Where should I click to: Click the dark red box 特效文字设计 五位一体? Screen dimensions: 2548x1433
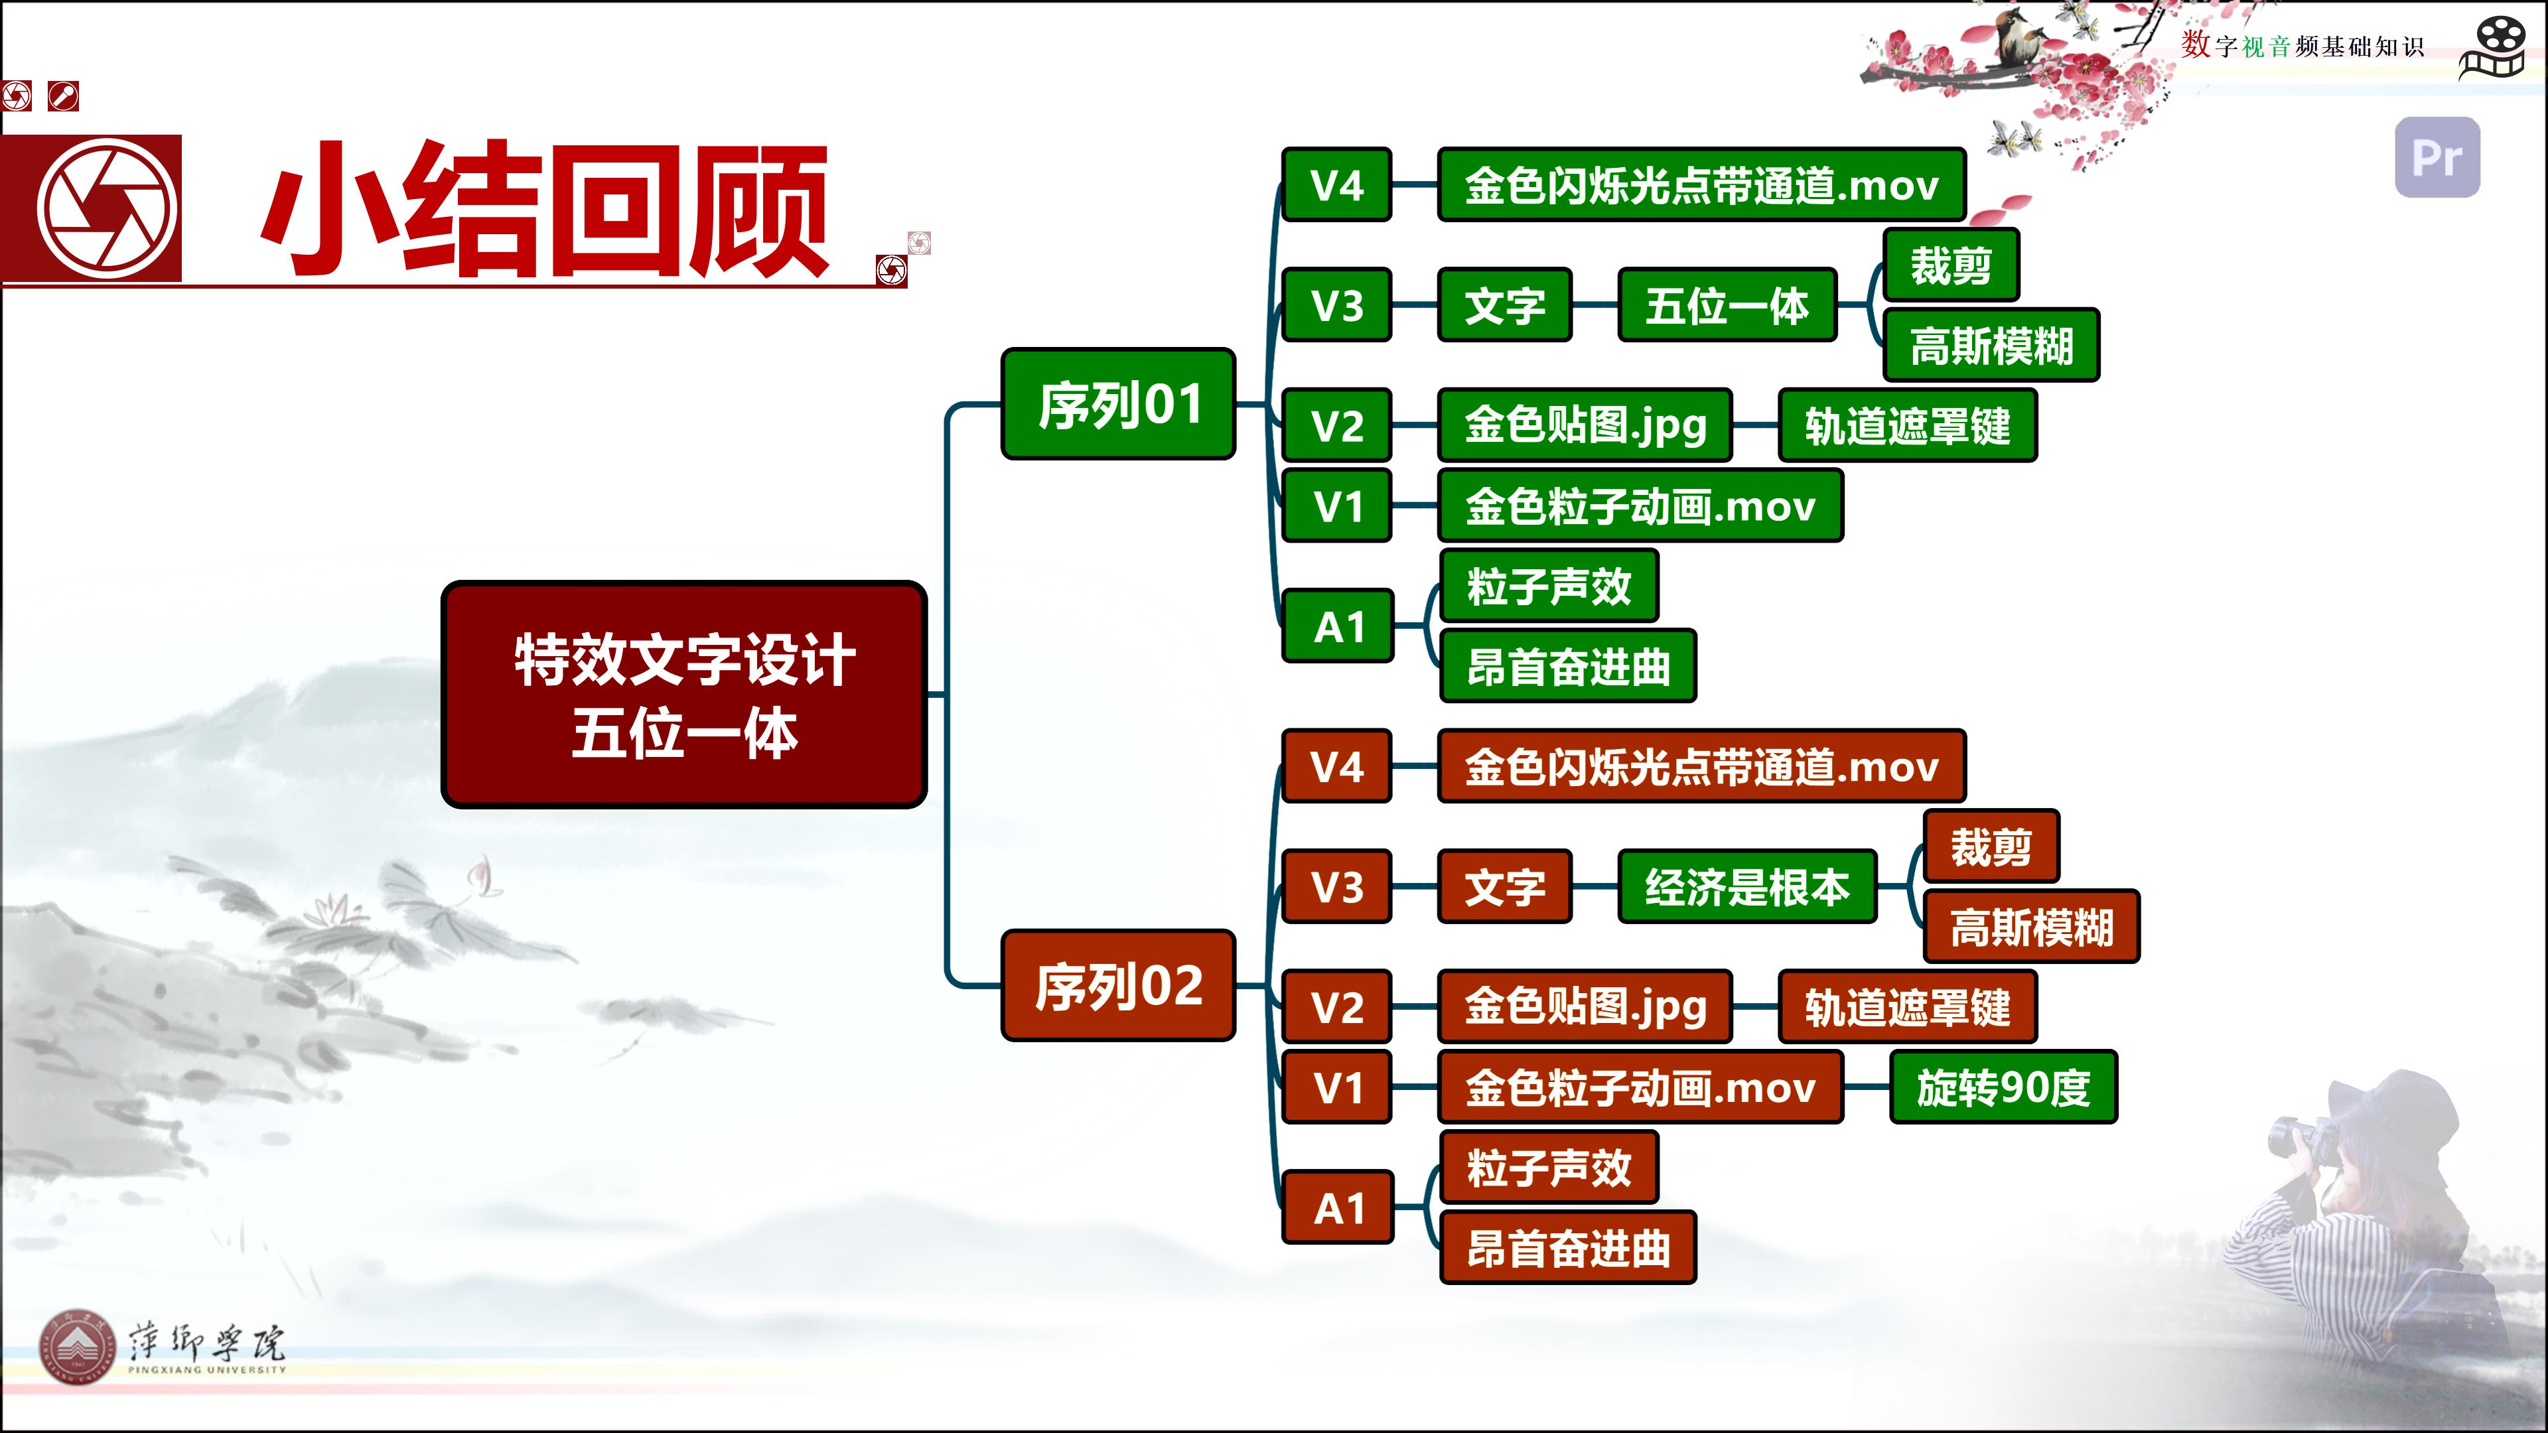(x=683, y=694)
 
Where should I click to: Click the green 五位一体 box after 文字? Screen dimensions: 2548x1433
(x=1727, y=305)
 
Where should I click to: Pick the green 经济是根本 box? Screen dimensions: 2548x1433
(x=1747, y=886)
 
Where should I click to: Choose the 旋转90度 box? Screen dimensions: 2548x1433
(x=2003, y=1087)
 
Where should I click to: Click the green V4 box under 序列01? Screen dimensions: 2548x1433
(x=1336, y=185)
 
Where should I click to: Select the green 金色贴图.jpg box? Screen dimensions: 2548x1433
(x=1585, y=425)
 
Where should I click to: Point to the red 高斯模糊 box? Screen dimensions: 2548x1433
(x=2032, y=927)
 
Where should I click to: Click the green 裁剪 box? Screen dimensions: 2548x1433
(x=1951, y=265)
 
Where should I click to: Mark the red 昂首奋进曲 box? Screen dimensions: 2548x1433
(x=1568, y=1248)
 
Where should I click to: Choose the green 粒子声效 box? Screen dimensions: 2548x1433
(x=1549, y=585)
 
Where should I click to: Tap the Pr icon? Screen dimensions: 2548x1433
(x=2437, y=157)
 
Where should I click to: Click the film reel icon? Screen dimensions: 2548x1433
(x=2493, y=48)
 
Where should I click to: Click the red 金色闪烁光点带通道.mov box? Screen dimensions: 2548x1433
(x=1701, y=766)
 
